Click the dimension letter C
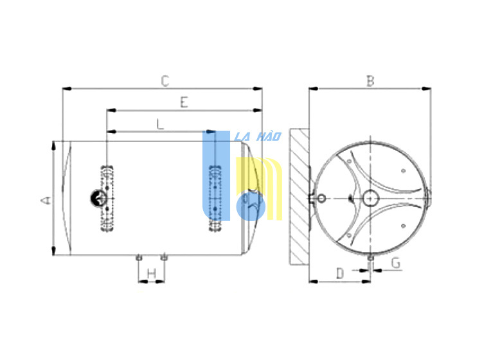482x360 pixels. [165, 81]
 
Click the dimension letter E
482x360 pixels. [184, 102]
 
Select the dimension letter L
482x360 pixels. [160, 124]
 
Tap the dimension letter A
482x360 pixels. [46, 200]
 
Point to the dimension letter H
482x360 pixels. [152, 273]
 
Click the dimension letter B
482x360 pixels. [370, 81]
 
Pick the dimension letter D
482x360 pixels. [340, 273]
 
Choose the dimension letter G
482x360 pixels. [396, 263]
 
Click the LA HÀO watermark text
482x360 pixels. [258, 136]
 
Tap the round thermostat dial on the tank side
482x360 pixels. [98, 198]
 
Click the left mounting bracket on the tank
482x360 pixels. [107, 198]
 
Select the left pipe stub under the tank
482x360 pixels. [139, 257]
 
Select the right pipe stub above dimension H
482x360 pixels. [164, 256]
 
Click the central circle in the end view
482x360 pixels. [370, 199]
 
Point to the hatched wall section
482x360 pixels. [299, 197]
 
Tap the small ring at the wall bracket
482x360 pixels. [321, 199]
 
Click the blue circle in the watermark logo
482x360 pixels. [251, 206]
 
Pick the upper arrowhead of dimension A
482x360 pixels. [53, 146]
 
